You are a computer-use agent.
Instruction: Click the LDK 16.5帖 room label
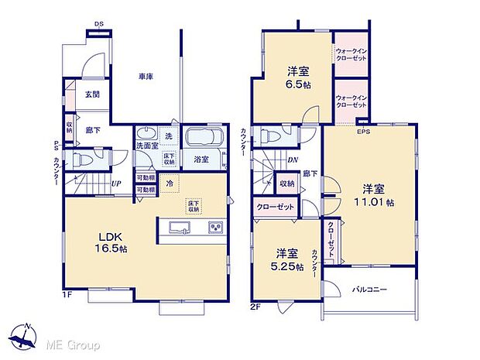pos(108,242)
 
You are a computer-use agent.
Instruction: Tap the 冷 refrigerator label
pos(168,183)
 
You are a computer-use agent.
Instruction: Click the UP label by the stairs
pos(115,183)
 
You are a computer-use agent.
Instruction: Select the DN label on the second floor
pos(293,160)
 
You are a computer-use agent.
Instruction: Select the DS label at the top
pos(100,25)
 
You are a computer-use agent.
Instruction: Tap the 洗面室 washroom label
pos(147,145)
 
